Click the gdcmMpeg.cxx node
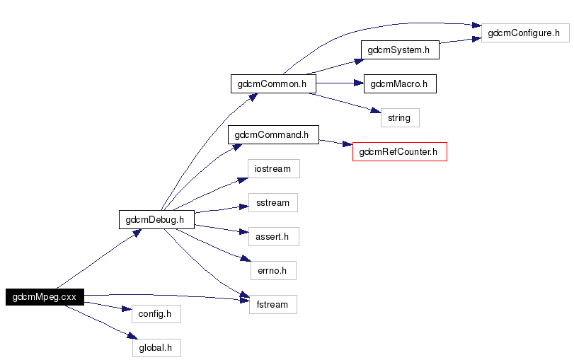click(x=45, y=297)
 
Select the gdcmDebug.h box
click(x=156, y=219)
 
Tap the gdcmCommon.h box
click(x=272, y=83)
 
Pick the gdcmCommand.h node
click(x=273, y=134)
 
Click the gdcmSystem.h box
click(x=400, y=50)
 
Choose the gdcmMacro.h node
click(x=399, y=83)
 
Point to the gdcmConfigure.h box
click(x=524, y=33)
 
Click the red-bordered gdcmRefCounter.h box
click(x=400, y=151)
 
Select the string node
click(x=400, y=117)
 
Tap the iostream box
click(x=273, y=169)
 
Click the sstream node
click(x=273, y=203)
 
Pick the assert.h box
click(x=273, y=236)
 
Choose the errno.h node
click(x=273, y=270)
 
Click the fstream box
click(x=273, y=304)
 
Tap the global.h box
click(x=156, y=347)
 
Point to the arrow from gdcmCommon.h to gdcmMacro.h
click(x=340, y=83)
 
